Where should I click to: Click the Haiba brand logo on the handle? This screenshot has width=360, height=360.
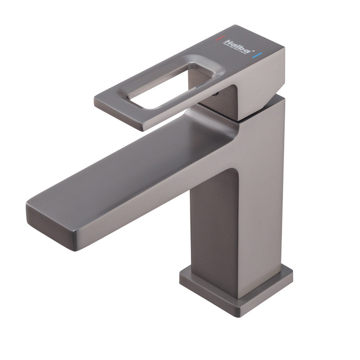point(237,45)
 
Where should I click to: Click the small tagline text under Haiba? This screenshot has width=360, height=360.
point(235,49)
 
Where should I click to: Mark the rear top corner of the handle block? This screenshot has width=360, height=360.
point(283,46)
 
